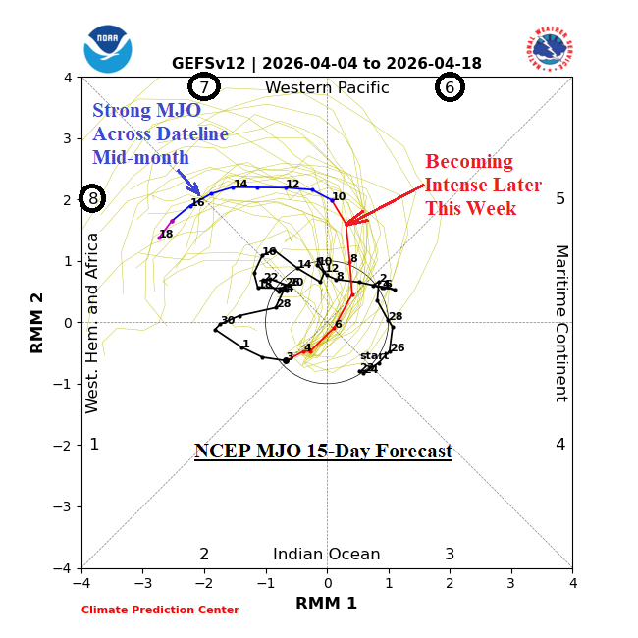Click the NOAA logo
[108, 49]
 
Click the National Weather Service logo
[550, 49]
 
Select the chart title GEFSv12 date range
[327, 64]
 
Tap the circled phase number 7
[204, 87]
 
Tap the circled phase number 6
[450, 87]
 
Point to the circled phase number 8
[93, 198]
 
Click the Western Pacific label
[327, 88]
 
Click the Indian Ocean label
[327, 554]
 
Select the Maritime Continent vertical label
[561, 323]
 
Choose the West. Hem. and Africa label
[93, 322]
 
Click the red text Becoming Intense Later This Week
[482, 185]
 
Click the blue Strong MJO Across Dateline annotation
[160, 133]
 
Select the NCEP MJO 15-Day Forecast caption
[323, 452]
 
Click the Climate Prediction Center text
[160, 610]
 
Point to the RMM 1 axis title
[327, 603]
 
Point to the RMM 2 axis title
[38, 323]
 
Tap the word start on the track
[374, 355]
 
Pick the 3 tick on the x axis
[510, 583]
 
